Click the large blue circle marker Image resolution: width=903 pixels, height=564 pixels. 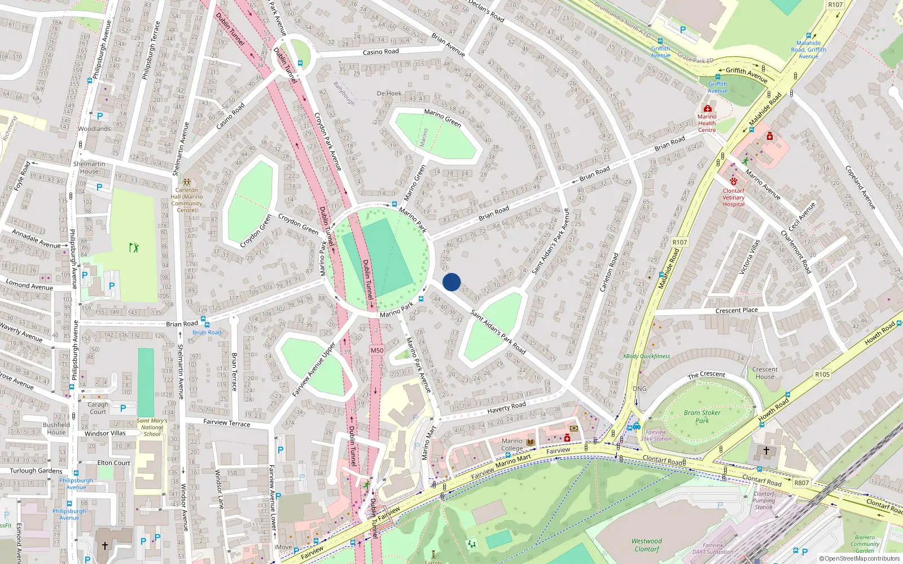click(451, 282)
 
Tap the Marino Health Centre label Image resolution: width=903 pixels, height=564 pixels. click(707, 123)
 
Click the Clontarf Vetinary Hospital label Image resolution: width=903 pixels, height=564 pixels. click(734, 197)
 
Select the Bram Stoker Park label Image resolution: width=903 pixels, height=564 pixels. click(702, 416)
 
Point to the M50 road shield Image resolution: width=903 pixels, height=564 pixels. click(377, 350)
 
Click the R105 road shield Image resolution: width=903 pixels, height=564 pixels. click(822, 374)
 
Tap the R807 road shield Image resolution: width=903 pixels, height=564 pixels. click(801, 483)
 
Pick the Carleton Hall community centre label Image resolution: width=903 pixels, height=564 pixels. click(187, 200)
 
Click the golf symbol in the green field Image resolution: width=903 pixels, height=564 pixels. click(134, 247)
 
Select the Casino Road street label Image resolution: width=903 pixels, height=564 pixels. click(380, 52)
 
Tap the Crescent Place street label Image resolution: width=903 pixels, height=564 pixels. click(737, 310)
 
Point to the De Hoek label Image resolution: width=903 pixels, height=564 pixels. click(389, 94)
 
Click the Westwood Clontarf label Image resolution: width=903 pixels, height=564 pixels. click(647, 545)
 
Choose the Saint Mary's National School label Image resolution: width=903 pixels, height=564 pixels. click(152, 427)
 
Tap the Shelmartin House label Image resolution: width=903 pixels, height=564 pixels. click(89, 168)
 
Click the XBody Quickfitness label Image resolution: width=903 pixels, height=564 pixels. click(647, 356)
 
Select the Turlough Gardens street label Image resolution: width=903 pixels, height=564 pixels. click(36, 471)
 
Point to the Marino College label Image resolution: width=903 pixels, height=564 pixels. click(512, 444)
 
